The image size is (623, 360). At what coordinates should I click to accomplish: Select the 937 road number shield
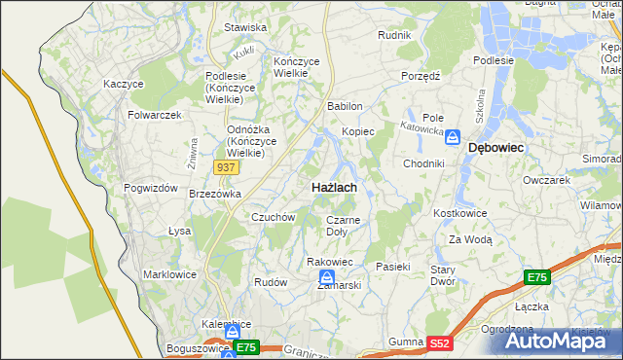226,167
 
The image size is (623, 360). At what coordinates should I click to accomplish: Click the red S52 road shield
441,342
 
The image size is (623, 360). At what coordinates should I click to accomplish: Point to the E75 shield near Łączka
537,278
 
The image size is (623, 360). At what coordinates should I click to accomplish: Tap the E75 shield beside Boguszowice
245,346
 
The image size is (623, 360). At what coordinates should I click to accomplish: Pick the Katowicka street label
424,127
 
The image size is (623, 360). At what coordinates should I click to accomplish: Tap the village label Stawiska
245,27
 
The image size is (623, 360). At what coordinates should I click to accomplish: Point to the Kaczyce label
124,85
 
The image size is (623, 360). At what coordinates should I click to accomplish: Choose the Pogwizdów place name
150,188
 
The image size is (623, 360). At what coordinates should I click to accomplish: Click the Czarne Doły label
342,226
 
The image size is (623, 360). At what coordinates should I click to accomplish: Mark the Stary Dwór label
443,274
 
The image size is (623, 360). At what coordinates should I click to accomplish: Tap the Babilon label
345,106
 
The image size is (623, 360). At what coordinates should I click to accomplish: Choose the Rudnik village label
394,35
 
